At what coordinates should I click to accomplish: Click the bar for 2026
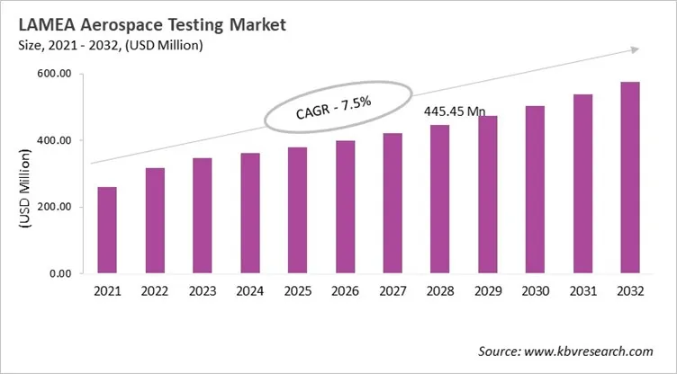tap(345, 207)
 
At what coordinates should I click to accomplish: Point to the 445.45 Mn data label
tap(455, 111)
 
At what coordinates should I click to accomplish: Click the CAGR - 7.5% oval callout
tap(337, 106)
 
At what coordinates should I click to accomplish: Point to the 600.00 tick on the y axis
tap(53, 75)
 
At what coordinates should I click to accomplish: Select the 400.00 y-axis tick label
tap(53, 141)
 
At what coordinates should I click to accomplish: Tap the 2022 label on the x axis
tap(155, 291)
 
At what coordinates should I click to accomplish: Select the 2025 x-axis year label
tap(297, 291)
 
